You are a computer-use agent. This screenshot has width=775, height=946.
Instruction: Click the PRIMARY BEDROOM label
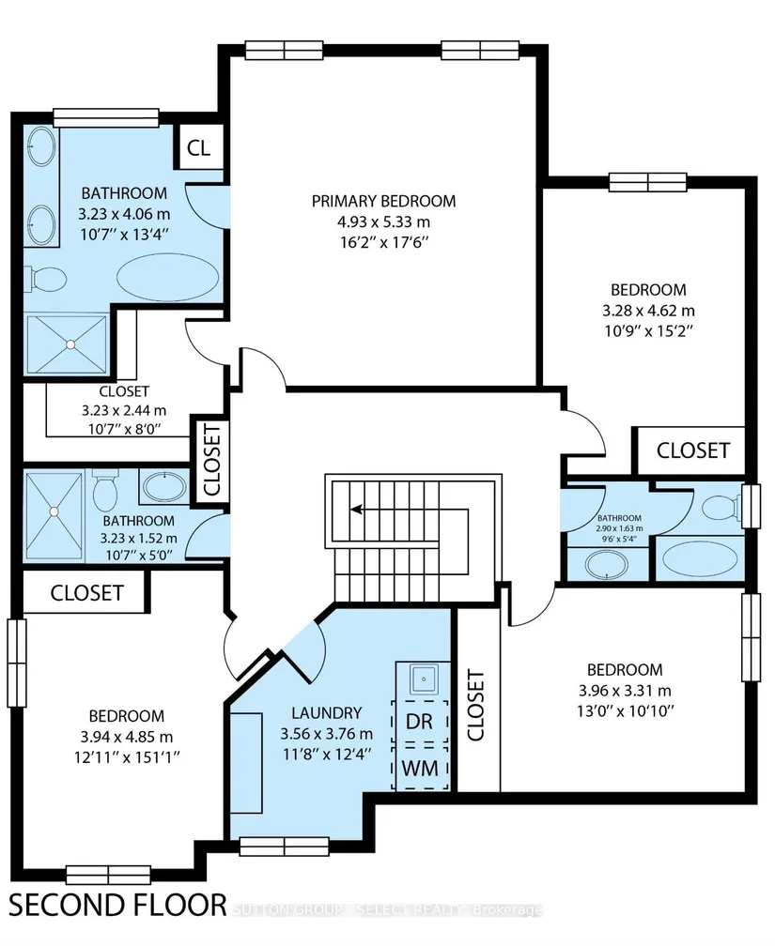pyautogui.click(x=383, y=201)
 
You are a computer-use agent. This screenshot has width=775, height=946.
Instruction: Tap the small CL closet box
pyautogui.click(x=198, y=146)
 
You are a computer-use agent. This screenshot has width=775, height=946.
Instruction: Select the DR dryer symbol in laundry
pyautogui.click(x=420, y=722)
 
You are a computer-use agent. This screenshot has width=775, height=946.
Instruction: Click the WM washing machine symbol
pyautogui.click(x=420, y=768)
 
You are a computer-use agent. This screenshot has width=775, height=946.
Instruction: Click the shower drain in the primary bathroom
pyautogui.click(x=70, y=344)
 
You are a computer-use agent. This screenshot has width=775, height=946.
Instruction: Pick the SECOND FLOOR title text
pyautogui.click(x=117, y=906)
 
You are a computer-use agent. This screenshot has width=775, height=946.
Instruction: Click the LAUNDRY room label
pyautogui.click(x=326, y=713)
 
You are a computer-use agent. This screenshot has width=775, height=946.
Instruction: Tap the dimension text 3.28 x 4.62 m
pyautogui.click(x=648, y=311)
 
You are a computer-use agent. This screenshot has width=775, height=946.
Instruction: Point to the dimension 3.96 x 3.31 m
pyautogui.click(x=625, y=690)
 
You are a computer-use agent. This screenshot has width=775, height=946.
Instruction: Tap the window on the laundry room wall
pyautogui.click(x=284, y=847)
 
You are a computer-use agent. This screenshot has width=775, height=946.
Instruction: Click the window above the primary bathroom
pyautogui.click(x=106, y=117)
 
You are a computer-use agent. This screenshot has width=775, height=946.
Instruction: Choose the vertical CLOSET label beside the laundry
pyautogui.click(x=476, y=705)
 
